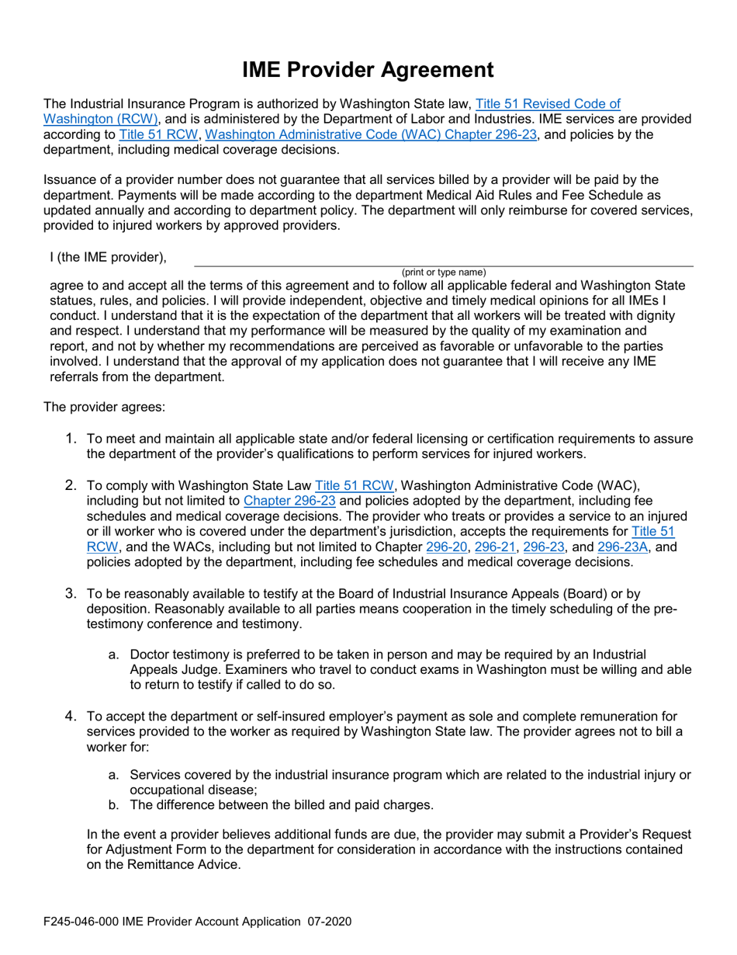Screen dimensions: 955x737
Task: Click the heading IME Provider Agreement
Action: [x=368, y=70]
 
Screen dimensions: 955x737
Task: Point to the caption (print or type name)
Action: [x=444, y=273]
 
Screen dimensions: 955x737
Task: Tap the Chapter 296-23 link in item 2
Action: [x=289, y=501]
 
